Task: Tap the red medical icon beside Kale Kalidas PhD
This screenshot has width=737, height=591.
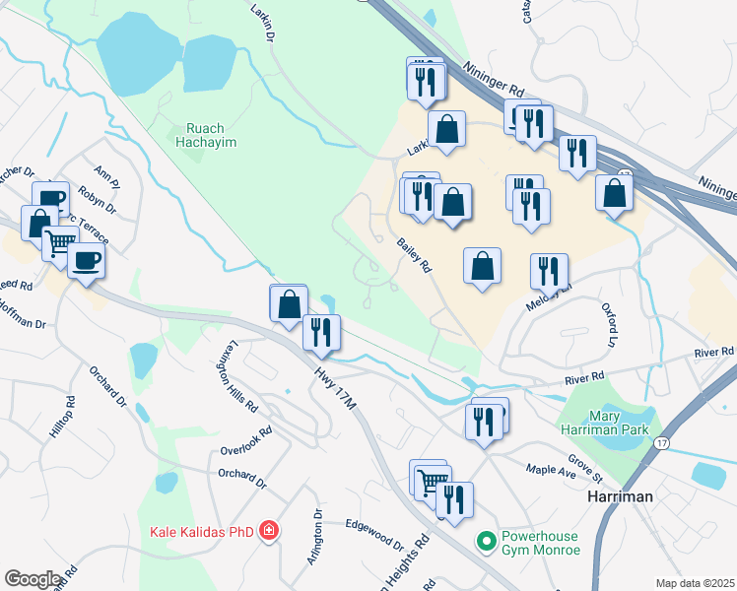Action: coord(268,533)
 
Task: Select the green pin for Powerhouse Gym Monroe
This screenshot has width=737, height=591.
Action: coord(485,541)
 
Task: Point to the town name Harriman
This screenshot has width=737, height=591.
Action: coord(619,496)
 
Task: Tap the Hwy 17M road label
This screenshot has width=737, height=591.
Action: coord(334,382)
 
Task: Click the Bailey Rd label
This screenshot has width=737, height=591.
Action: coord(415,254)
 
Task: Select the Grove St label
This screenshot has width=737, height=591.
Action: coord(584,462)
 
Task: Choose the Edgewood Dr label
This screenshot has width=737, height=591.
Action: coord(374,535)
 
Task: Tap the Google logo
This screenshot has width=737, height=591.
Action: coord(33,579)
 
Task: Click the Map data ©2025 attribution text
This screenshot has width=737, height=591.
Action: coord(695,583)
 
